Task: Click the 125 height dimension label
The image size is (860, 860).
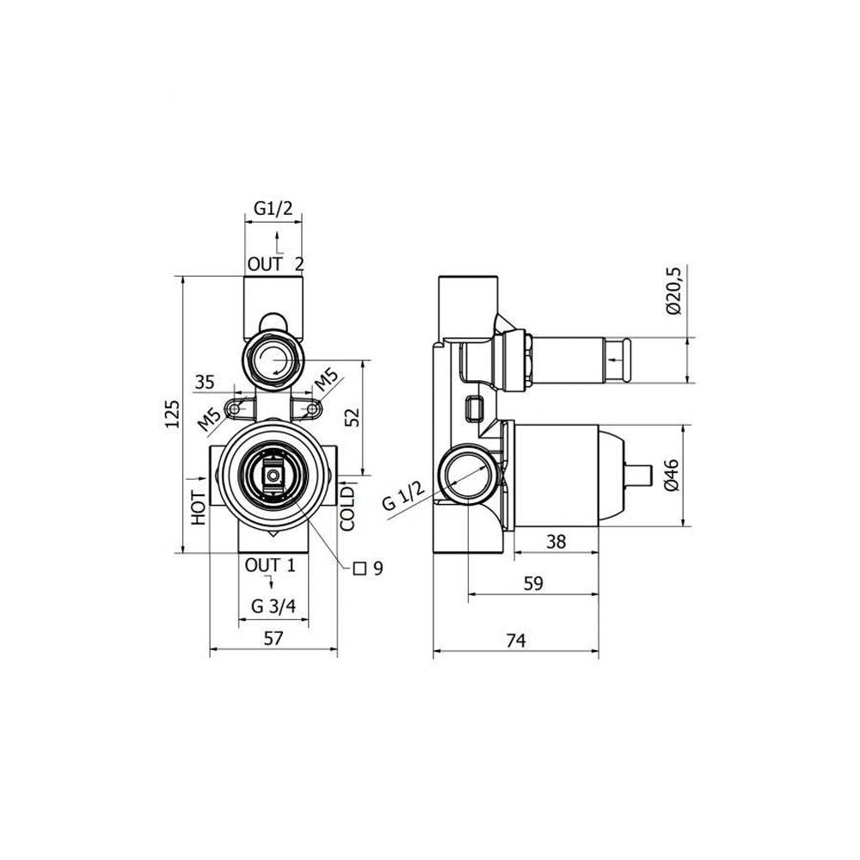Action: point(172,415)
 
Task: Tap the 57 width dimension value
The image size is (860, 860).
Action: point(273,638)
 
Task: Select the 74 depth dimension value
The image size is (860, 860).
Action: point(515,640)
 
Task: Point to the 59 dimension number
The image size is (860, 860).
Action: point(533,584)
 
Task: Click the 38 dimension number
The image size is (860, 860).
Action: point(556,542)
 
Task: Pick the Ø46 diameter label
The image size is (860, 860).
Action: point(673,475)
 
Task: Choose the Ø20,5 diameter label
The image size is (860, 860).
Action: point(673,290)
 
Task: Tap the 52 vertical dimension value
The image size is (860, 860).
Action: point(353,417)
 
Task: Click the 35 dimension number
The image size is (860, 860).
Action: point(205,383)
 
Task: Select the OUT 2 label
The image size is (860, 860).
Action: point(275,264)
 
